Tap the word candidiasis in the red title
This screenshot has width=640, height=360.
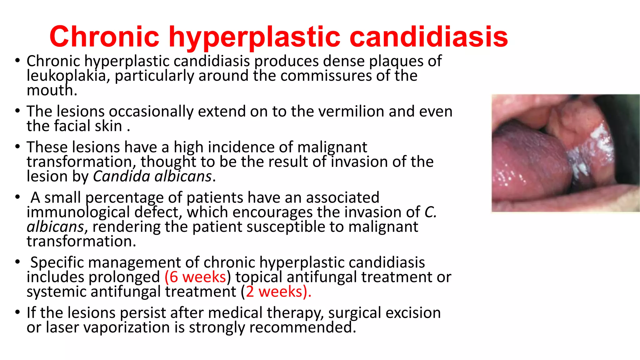(x=428, y=37)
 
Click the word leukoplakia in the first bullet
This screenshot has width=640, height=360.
(x=66, y=76)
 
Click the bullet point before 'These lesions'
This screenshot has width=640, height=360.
(x=17, y=147)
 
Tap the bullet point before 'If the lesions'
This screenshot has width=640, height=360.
(x=17, y=312)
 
